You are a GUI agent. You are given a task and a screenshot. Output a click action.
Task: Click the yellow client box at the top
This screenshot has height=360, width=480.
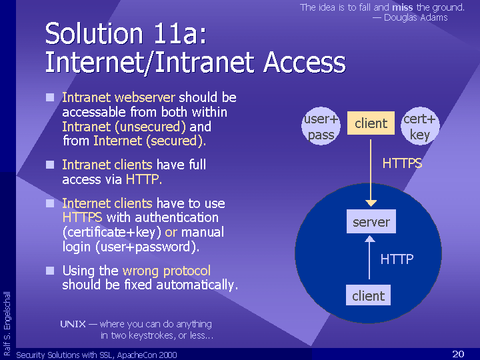point(371,123)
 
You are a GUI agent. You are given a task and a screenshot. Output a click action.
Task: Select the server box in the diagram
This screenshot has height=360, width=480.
point(371,221)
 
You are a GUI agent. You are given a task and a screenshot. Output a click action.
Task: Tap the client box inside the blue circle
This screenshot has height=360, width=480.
point(368,295)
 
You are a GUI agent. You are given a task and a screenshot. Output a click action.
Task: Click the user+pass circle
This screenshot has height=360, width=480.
point(321,126)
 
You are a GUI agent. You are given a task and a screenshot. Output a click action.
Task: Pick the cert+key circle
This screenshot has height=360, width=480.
point(420,126)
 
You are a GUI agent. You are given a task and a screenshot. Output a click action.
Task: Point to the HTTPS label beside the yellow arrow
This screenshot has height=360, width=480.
point(402,163)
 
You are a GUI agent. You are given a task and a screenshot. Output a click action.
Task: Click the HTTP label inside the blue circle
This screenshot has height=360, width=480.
point(397,259)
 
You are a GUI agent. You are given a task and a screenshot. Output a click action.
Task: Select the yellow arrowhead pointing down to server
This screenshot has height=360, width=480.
point(371,203)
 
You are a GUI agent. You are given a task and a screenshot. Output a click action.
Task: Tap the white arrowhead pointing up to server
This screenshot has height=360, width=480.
point(370,239)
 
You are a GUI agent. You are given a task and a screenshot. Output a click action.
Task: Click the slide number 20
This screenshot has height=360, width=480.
point(458,354)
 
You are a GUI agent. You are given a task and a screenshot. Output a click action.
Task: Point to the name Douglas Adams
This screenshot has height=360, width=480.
point(416,17)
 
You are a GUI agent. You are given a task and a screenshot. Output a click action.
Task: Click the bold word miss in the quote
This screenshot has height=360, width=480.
point(403,7)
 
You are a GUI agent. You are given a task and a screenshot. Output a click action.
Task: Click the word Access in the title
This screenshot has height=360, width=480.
point(305,62)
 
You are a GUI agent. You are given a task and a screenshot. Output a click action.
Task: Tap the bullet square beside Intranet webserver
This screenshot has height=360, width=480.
point(50,97)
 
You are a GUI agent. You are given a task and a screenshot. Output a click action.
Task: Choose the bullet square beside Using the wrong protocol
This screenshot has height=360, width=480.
point(50,271)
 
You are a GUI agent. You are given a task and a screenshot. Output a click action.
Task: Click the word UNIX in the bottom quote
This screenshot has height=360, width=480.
point(73,324)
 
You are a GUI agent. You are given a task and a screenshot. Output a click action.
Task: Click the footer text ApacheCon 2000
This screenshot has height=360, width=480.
point(147,355)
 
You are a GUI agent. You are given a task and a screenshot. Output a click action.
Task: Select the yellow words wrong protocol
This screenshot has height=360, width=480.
point(167,271)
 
